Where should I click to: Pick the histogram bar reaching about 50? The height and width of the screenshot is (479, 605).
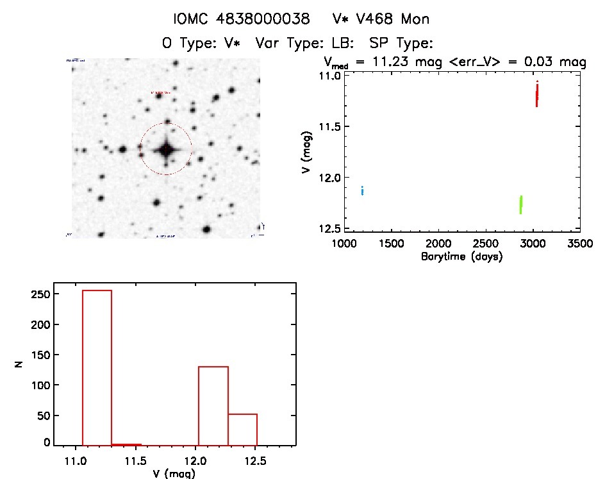point(242,429)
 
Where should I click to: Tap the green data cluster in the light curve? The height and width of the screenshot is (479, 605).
point(521,205)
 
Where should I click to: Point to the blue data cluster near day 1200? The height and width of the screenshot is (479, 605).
point(363,190)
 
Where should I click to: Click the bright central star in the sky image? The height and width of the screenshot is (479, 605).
point(166,149)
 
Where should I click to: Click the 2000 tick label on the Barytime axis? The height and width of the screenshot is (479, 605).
point(439,244)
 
